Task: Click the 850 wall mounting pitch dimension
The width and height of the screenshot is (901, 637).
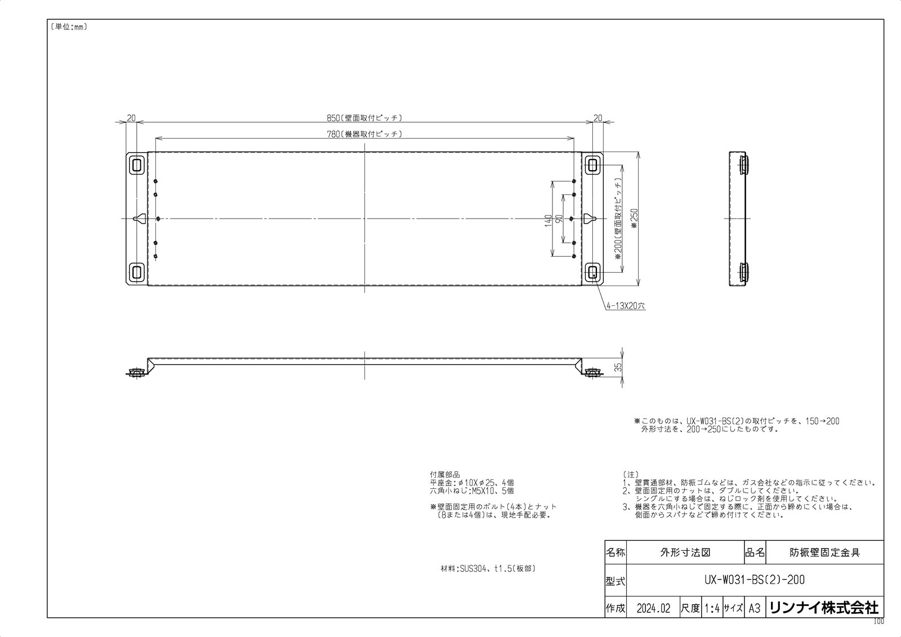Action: pyautogui.click(x=364, y=118)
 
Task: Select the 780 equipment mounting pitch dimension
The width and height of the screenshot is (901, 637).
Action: pyautogui.click(x=364, y=133)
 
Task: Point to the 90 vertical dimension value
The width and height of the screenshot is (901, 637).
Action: pyautogui.click(x=560, y=219)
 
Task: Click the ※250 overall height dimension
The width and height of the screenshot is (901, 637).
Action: pyautogui.click(x=634, y=219)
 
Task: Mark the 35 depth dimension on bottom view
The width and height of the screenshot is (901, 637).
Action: pyautogui.click(x=618, y=368)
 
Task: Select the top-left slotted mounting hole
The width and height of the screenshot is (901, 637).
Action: pyautogui.click(x=136, y=164)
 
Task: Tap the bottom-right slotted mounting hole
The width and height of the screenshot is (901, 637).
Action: pyautogui.click(x=592, y=273)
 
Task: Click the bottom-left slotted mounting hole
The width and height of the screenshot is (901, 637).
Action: pyautogui.click(x=136, y=273)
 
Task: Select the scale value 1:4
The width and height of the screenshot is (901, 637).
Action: pyautogui.click(x=712, y=608)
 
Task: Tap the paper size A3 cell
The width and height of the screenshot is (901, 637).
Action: pyautogui.click(x=754, y=608)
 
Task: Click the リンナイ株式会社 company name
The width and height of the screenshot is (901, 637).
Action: pyautogui.click(x=823, y=608)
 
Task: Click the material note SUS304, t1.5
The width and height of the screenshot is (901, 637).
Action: pyautogui.click(x=488, y=569)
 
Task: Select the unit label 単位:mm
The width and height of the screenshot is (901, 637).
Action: pyautogui.click(x=68, y=27)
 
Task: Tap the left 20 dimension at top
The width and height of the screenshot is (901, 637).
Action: pyautogui.click(x=131, y=118)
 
